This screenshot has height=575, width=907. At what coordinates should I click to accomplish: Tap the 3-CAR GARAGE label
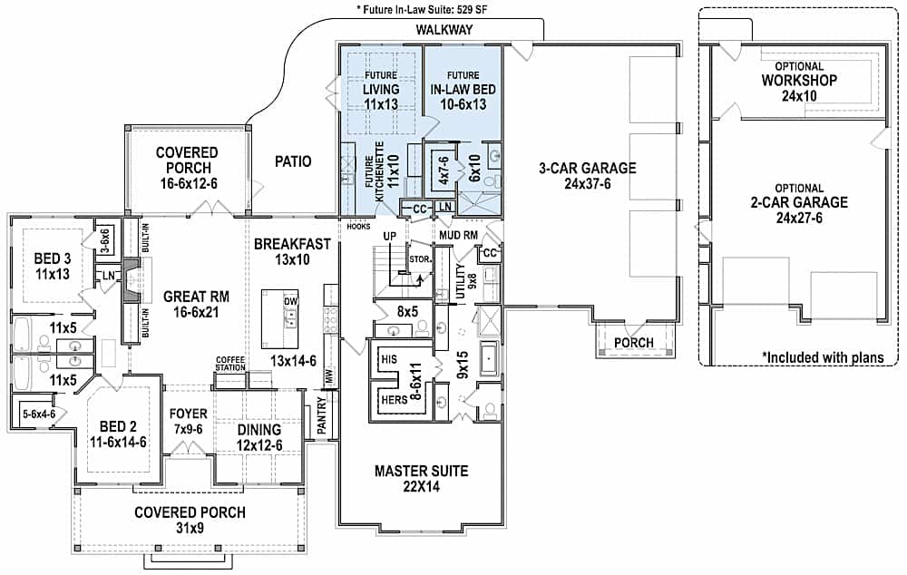(x=588, y=168)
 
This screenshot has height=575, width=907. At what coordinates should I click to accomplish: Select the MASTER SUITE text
(x=422, y=471)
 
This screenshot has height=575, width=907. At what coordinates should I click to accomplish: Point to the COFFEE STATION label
(x=230, y=362)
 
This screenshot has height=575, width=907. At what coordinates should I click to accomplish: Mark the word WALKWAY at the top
(x=444, y=30)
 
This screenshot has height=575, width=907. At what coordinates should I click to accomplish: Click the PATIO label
(x=292, y=162)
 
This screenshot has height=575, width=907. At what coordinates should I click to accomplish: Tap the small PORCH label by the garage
(x=634, y=342)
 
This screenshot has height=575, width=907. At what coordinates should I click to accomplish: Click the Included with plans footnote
(x=822, y=357)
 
